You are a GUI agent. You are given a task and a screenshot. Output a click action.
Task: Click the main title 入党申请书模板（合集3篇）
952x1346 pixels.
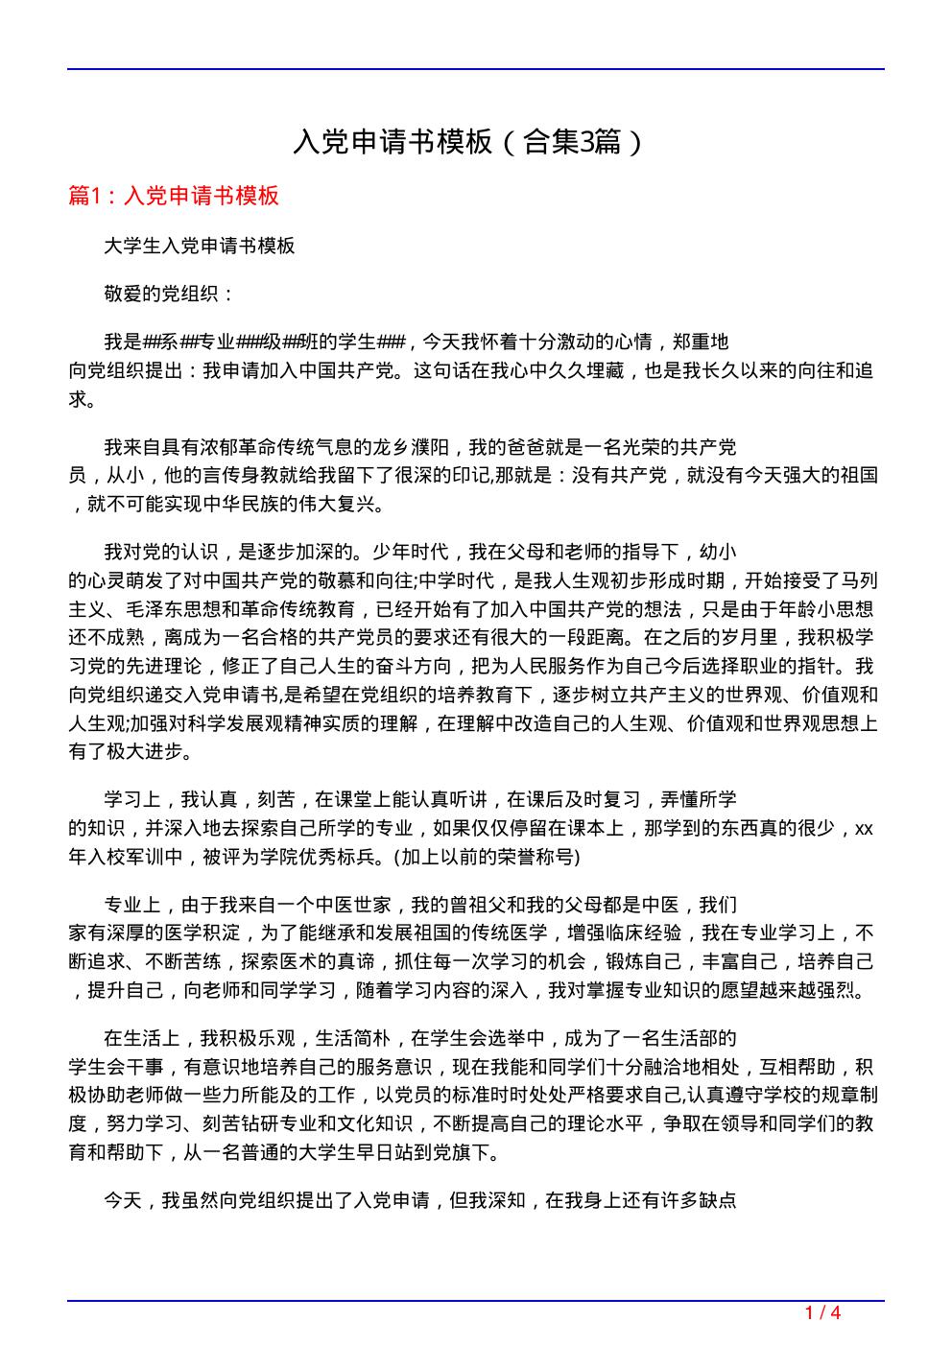[x=468, y=143]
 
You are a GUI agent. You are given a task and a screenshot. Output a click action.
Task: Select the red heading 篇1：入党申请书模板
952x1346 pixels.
[x=174, y=196]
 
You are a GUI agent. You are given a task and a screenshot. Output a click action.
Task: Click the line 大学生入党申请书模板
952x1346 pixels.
[x=200, y=246]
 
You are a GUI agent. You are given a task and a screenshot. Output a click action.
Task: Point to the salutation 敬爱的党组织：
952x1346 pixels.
[x=170, y=294]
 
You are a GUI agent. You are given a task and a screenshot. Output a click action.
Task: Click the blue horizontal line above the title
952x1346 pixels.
[x=476, y=69]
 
